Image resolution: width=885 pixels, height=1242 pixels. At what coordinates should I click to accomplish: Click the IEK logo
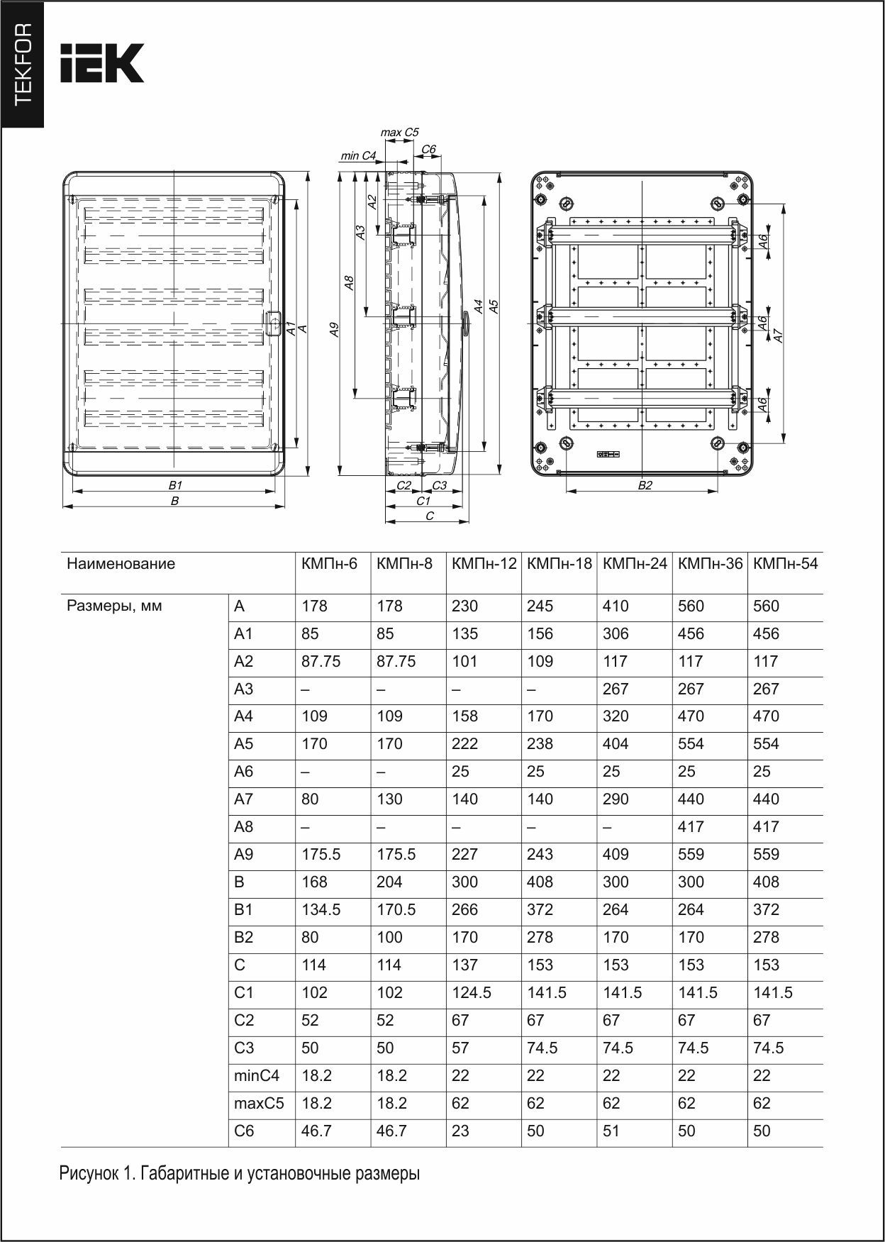point(102,63)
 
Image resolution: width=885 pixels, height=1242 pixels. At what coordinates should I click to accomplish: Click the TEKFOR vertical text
point(23,64)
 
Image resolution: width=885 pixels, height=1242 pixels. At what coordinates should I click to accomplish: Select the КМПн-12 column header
point(484,564)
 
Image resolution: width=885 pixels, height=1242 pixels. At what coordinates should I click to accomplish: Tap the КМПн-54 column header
point(785,564)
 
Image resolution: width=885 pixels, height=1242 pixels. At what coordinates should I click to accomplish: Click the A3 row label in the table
point(243,689)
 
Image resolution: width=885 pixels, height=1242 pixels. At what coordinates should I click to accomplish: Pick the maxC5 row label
point(259,1104)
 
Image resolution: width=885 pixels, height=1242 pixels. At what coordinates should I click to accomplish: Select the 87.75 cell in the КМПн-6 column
point(321,662)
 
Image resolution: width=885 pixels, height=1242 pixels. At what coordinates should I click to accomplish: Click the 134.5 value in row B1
point(321,910)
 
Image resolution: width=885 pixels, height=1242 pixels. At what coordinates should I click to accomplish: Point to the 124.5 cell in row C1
point(472,993)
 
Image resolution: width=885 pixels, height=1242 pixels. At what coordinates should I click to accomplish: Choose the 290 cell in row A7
point(615,799)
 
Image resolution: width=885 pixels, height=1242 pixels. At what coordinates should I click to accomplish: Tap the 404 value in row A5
point(615,744)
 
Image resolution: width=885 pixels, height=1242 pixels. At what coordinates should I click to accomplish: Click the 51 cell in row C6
point(611,1131)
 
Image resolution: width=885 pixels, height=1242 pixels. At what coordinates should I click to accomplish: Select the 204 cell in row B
point(389,882)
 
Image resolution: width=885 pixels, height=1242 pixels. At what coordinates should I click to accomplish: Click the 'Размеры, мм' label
point(114,606)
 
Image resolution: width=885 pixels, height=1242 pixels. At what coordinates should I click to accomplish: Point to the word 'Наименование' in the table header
point(121,564)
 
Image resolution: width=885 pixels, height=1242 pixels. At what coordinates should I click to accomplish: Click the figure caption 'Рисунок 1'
point(239,1174)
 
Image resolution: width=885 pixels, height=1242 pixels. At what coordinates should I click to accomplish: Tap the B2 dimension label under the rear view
point(645,486)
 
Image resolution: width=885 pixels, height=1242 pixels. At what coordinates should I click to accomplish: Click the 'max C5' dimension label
point(399,132)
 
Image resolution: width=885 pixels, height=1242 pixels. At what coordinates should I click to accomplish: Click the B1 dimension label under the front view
point(175,485)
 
